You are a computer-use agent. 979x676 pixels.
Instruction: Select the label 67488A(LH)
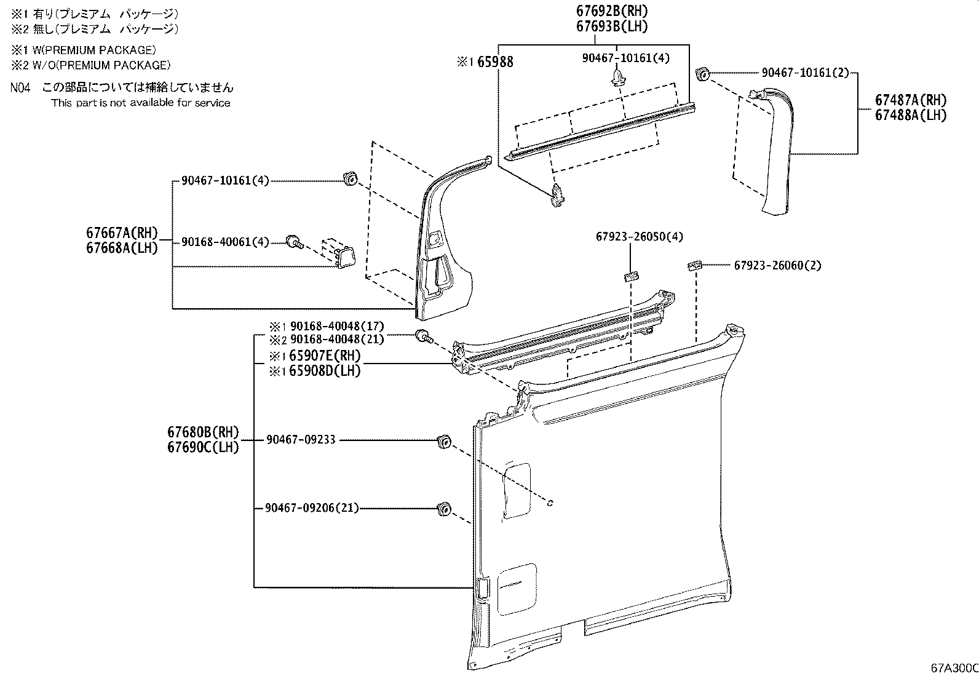(911, 115)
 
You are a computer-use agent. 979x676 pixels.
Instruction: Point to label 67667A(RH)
(122, 233)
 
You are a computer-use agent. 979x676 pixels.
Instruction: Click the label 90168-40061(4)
(225, 242)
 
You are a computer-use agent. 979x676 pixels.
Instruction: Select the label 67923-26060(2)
(777, 265)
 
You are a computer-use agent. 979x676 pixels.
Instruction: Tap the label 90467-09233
(301, 440)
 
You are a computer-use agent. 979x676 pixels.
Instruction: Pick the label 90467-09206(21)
(312, 508)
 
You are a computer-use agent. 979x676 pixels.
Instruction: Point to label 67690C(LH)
(203, 447)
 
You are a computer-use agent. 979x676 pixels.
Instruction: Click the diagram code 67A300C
(954, 668)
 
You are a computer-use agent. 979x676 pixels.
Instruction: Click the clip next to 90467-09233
(443, 441)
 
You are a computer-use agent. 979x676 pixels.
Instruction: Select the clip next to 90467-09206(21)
(442, 509)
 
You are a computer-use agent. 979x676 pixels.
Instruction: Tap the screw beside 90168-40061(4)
(294, 242)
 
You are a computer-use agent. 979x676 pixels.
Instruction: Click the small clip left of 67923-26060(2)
(694, 265)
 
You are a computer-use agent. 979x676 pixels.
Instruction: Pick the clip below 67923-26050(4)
(630, 275)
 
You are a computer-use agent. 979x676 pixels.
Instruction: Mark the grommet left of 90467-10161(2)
(702, 74)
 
